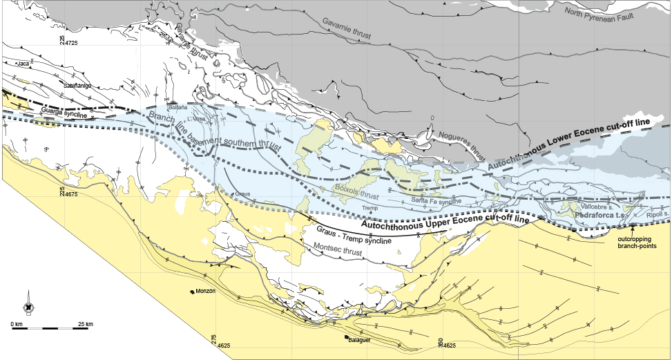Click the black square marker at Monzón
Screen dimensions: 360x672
192,292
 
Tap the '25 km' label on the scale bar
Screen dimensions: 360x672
86,323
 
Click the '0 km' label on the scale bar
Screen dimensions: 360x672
17,323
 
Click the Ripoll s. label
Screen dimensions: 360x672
657,215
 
